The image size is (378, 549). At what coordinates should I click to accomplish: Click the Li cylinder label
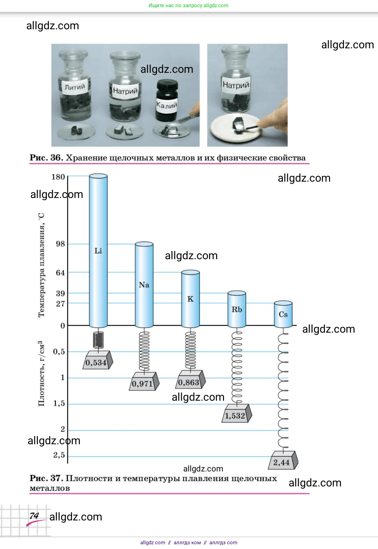click(x=98, y=251)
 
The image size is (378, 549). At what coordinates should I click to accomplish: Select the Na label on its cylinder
click(x=144, y=285)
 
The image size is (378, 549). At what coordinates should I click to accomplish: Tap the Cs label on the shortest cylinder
click(x=283, y=315)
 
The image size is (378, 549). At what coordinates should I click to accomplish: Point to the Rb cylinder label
click(x=237, y=310)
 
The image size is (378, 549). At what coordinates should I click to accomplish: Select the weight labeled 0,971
click(x=143, y=383)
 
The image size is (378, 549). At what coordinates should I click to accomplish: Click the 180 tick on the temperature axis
click(x=58, y=177)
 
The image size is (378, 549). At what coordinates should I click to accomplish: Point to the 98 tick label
click(x=61, y=244)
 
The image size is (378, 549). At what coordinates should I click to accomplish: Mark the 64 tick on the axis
click(x=61, y=273)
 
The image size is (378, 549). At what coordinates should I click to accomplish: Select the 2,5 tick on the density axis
click(x=59, y=455)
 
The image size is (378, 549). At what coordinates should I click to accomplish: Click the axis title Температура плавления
click(x=41, y=265)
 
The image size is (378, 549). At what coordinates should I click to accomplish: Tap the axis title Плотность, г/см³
click(x=41, y=373)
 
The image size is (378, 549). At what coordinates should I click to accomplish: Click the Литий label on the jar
click(x=75, y=87)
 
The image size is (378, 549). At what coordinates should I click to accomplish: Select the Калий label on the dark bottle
click(x=167, y=105)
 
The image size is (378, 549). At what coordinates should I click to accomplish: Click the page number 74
click(x=34, y=516)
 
